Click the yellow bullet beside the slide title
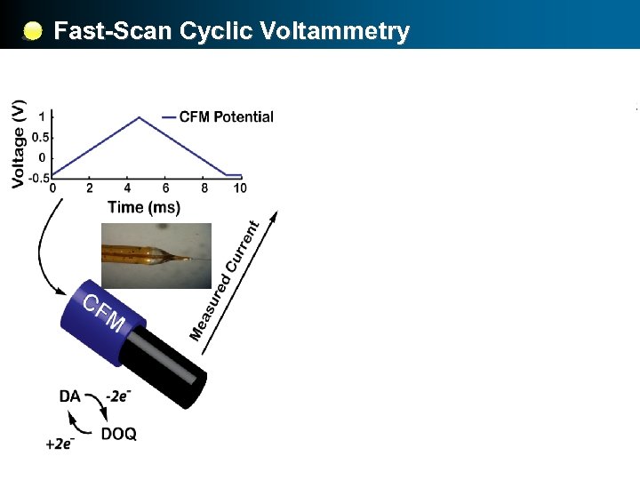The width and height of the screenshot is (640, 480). coord(32,32)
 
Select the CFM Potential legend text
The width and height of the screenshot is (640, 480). coord(226,116)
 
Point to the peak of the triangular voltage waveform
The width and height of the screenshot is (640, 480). coord(139,117)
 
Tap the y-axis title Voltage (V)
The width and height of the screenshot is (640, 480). coord(19,143)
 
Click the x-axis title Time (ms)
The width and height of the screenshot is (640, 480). coord(143,207)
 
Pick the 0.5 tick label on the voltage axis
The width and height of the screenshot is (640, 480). coord(39,137)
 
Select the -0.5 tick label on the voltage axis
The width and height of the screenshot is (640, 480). coord(37,177)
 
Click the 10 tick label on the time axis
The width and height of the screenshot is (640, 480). coord(239,188)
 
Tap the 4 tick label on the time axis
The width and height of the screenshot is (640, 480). coord(128,188)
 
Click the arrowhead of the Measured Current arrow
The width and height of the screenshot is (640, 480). coord(274,217)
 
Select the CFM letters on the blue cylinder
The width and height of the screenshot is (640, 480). coord(103,313)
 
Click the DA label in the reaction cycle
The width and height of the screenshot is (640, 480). coord(70,396)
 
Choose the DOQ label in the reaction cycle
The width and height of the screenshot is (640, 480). coord(118,434)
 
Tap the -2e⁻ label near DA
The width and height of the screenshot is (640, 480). coord(119,396)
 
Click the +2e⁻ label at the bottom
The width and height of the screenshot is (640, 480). coord(60,444)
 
